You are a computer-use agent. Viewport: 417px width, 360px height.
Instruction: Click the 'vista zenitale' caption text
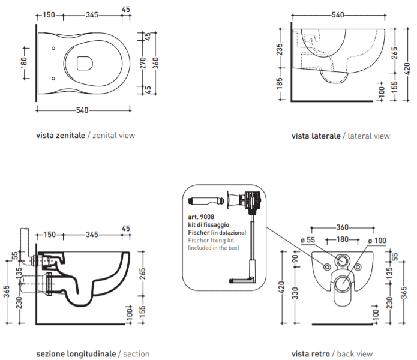pos(61,136)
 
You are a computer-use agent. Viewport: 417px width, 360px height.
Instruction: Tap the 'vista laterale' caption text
pos(316,136)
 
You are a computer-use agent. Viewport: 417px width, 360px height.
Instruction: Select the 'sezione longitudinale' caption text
pos(76,354)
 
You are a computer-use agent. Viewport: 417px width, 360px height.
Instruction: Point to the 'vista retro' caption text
pos(311,354)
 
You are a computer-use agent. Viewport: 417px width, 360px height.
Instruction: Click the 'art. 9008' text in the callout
pos(201,217)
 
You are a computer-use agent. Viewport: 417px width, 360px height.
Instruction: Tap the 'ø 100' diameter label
pos(377,241)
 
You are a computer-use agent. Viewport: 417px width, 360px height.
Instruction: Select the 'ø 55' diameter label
pos(308,240)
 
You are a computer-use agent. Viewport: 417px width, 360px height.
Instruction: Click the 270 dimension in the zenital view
pos(143,63)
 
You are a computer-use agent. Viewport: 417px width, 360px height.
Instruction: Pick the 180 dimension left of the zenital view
pos(24,63)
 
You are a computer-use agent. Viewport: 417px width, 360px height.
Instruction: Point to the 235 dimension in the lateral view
pos(280,49)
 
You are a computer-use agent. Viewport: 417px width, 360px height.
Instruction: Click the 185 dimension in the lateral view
pos(280,83)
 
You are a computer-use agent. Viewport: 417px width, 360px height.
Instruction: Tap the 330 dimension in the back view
pos(295,293)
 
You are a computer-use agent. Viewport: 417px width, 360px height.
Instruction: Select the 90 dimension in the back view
pos(295,259)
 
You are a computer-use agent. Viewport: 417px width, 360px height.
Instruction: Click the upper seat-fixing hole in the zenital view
pos(53,48)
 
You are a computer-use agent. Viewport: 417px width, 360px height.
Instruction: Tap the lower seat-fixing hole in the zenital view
pos(53,79)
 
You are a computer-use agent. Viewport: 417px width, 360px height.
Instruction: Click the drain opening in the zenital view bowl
pos(85,63)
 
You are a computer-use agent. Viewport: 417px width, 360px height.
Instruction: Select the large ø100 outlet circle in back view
pos(342,284)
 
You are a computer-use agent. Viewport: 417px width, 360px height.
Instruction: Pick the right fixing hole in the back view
pos(358,267)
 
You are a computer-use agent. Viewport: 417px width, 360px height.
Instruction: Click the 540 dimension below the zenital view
pos(82,110)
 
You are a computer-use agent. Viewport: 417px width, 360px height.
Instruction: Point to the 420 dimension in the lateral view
pos(407,68)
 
